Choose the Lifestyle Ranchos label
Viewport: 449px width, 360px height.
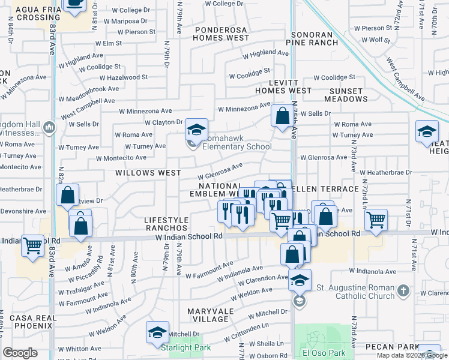point(166,224)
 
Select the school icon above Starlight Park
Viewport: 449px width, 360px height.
point(157,331)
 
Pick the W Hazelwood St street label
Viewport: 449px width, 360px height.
point(124,77)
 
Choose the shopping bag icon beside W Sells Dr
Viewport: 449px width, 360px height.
point(282,115)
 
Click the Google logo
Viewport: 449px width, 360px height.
point(20,352)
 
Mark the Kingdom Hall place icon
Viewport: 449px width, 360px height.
point(49,127)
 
